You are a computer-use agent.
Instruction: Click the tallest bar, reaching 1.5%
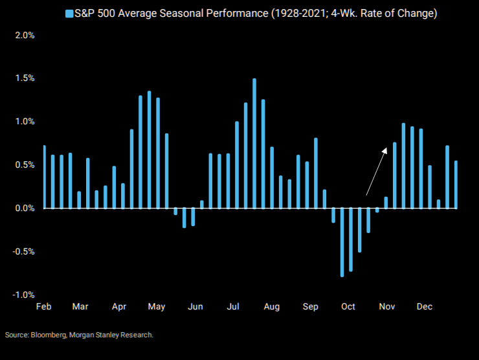(254, 143)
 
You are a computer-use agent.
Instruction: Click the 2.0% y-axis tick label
(24, 35)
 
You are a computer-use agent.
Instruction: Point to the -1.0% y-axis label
(23, 295)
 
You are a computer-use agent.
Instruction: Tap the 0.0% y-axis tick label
(24, 208)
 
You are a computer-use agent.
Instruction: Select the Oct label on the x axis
(348, 306)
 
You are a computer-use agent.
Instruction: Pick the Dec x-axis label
(425, 306)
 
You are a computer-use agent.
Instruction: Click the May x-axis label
(157, 306)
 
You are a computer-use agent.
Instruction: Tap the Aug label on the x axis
(272, 306)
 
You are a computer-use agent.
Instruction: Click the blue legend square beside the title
(69, 13)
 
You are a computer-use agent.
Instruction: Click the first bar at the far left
(45, 177)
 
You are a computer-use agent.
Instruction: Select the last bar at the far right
(456, 185)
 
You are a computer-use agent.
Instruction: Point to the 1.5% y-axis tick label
(24, 78)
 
